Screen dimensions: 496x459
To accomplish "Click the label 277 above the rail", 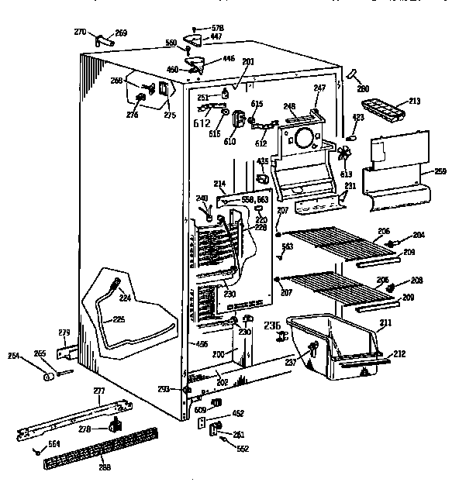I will point(99,391).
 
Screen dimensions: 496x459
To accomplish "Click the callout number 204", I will point(419,235).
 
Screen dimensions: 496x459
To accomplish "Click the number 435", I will point(263,161).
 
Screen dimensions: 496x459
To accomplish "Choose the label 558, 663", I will point(254,199).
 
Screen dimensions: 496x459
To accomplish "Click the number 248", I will point(290,105).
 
